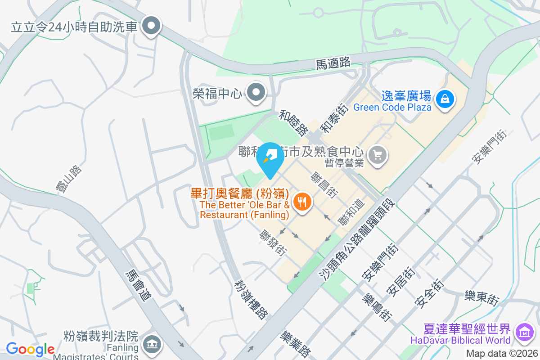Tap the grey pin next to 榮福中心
[257, 93]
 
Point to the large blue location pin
[270, 158]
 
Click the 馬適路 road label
[333, 63]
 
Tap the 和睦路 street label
[293, 122]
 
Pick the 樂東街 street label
[482, 298]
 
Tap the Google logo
[30, 349]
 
